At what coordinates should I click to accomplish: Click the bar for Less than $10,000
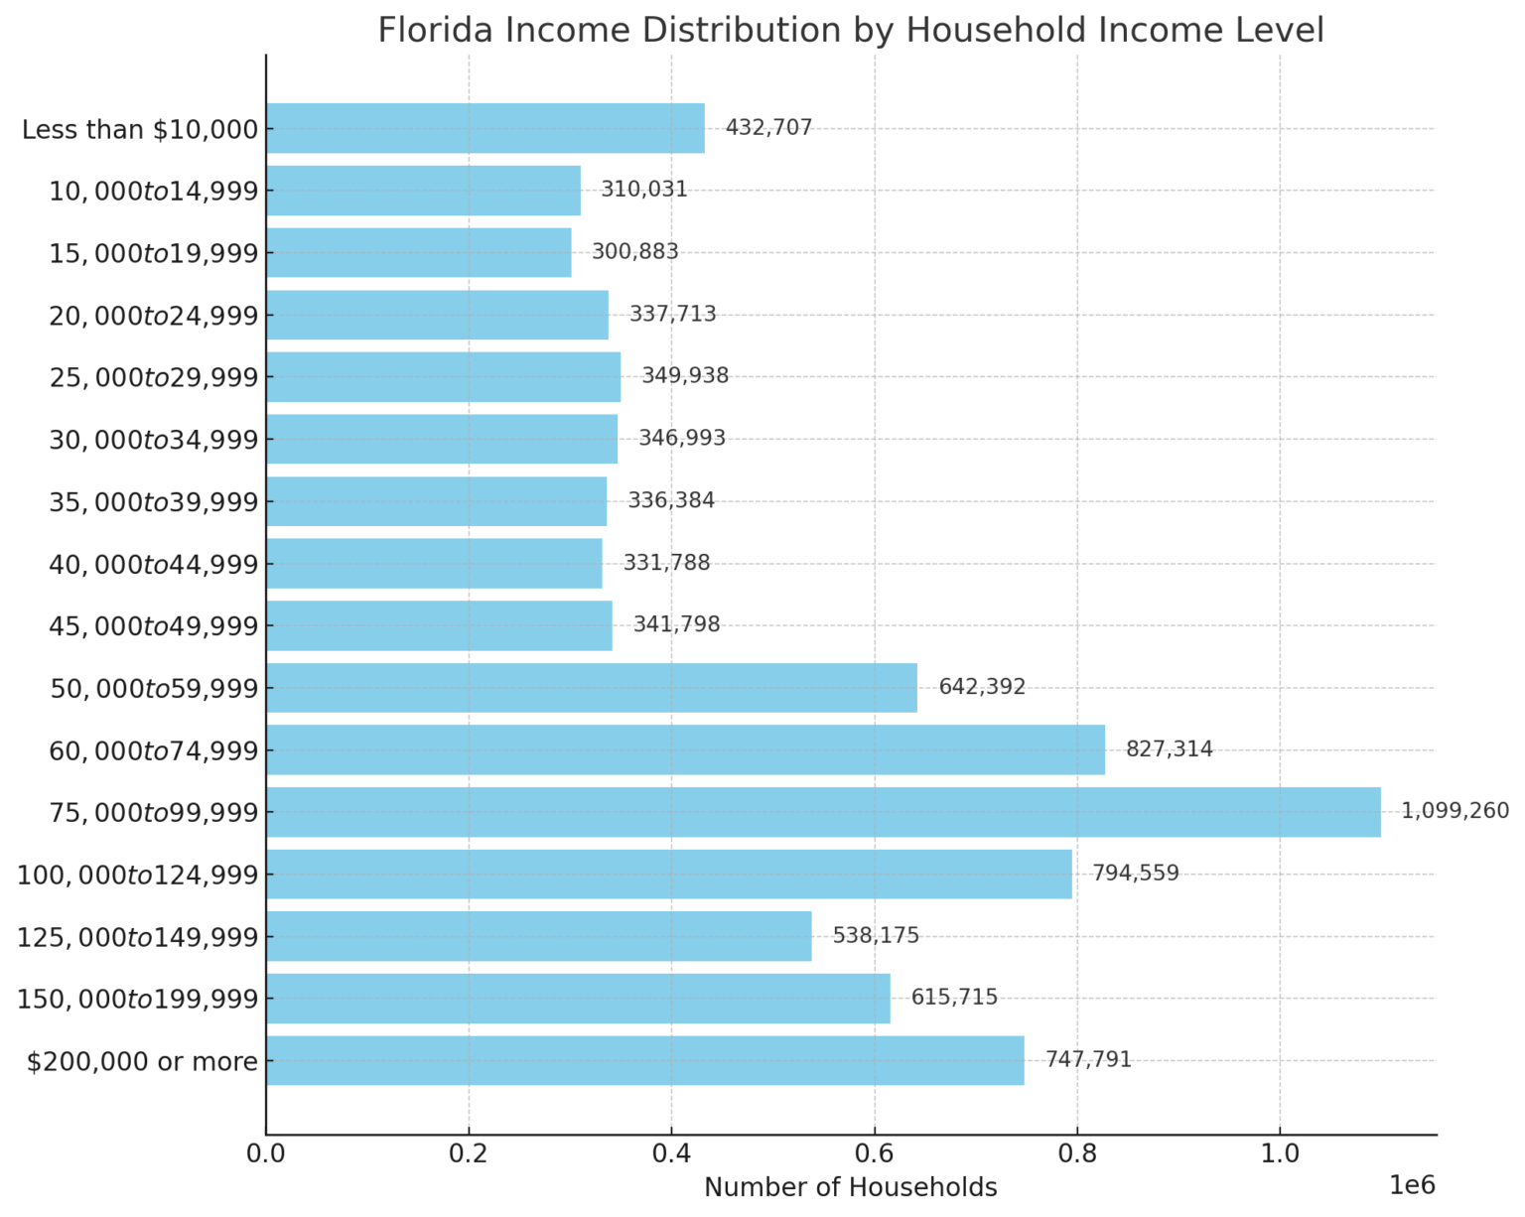(485, 128)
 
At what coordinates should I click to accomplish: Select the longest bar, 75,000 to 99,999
(823, 812)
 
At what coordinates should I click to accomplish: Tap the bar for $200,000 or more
(645, 1060)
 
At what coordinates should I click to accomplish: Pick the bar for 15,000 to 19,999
(419, 252)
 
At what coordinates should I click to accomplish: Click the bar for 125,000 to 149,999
(539, 936)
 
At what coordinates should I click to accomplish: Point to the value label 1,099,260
(1455, 811)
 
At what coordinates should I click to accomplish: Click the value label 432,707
(768, 127)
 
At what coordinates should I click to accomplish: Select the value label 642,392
(982, 686)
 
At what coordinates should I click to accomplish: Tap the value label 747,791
(1088, 1059)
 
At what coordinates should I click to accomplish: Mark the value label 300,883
(635, 251)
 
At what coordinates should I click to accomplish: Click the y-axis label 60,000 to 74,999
(154, 750)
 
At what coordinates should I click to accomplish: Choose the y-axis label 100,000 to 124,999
(138, 875)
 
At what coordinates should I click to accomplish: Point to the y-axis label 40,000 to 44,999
(154, 564)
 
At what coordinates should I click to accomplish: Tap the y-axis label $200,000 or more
(142, 1061)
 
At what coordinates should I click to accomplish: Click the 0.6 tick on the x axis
(875, 1154)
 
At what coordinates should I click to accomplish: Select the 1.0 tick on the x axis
(1280, 1154)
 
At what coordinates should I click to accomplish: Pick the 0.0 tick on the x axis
(266, 1154)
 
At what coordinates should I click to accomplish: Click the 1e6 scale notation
(1412, 1185)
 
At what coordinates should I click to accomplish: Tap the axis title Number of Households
(851, 1187)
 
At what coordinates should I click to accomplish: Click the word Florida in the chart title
(435, 30)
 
